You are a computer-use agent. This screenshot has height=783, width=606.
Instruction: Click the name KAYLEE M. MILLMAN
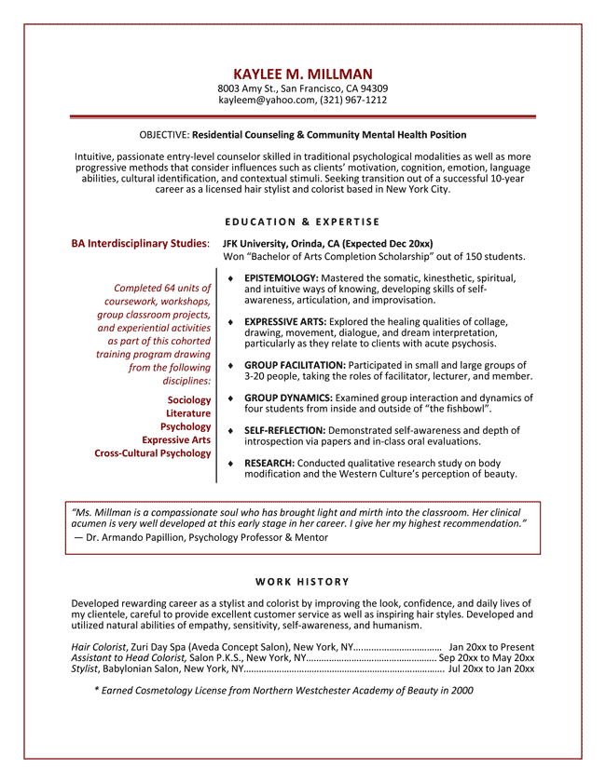[x=303, y=74]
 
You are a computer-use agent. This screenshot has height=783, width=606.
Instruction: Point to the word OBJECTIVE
[x=164, y=135]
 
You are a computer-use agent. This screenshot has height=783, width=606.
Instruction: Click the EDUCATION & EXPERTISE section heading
[x=303, y=222]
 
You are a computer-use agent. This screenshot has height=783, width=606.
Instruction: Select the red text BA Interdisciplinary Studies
[x=139, y=244]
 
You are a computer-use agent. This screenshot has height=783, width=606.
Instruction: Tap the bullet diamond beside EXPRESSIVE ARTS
[x=230, y=321]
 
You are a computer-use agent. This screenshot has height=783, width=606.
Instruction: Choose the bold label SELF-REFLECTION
[x=284, y=430]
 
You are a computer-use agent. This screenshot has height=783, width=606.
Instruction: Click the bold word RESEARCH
[x=269, y=463]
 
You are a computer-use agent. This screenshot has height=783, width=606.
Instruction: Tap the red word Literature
[x=188, y=413]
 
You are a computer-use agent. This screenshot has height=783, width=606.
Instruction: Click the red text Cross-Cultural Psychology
[x=153, y=453]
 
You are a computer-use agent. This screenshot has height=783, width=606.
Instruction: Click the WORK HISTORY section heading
[x=303, y=582]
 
